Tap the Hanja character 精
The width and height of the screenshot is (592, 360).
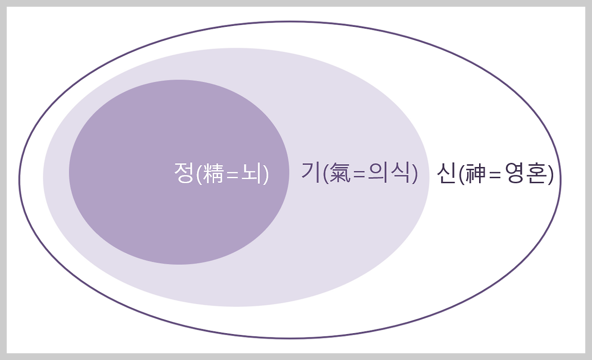pyautogui.click(x=214, y=174)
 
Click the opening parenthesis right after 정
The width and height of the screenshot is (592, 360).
pyautogui.click(x=199, y=175)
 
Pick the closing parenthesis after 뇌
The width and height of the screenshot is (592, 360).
pyautogui.click(x=266, y=175)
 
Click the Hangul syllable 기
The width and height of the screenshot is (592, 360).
pyautogui.click(x=311, y=174)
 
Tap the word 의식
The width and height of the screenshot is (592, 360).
pyautogui.click(x=392, y=174)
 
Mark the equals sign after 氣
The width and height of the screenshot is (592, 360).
pyautogui.click(x=360, y=175)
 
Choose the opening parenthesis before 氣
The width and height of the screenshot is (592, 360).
pyautogui.click(x=326, y=174)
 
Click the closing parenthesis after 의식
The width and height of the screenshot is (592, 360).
pyautogui.click(x=414, y=174)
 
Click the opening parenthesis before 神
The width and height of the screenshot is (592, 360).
pyautogui.click(x=462, y=175)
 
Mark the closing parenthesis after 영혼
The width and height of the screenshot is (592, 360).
pyautogui.click(x=550, y=175)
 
